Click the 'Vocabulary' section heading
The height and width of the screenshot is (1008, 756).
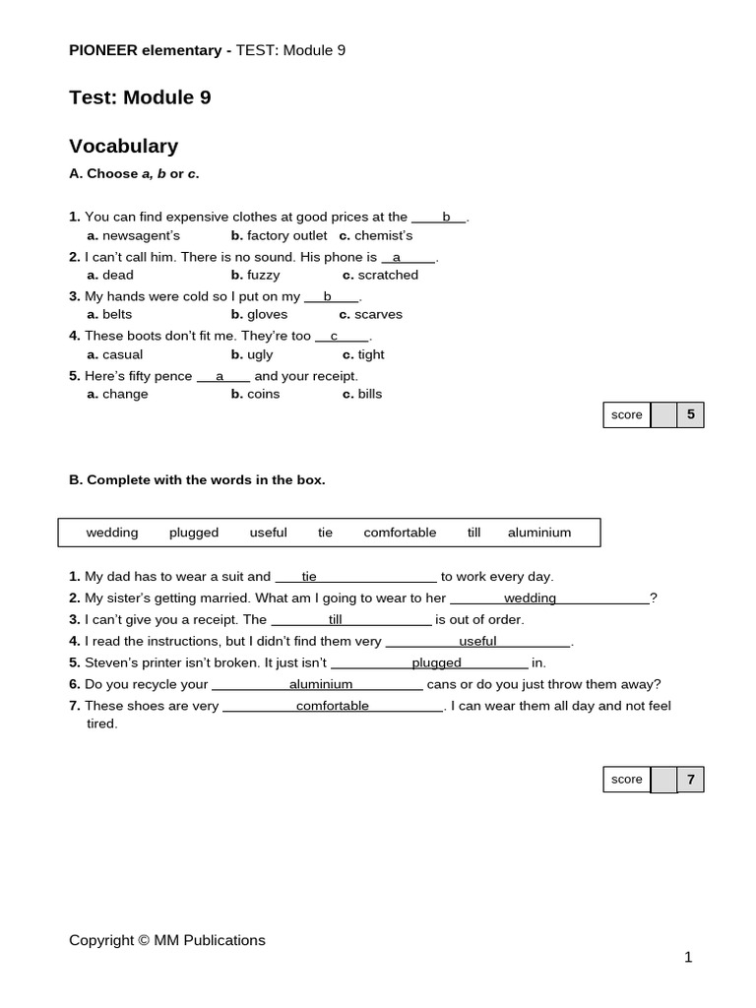[123, 147]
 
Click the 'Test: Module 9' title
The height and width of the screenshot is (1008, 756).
[140, 97]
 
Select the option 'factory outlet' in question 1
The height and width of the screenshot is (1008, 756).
[286, 235]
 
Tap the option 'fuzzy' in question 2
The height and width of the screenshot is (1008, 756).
[263, 275]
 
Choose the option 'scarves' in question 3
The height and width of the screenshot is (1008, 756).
[378, 314]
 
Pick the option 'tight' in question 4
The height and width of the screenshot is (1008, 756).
[371, 354]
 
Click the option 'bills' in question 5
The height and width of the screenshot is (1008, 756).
[369, 394]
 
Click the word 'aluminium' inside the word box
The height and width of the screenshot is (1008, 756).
[539, 533]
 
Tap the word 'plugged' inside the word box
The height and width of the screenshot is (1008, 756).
[194, 533]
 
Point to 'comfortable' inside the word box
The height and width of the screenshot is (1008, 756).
[400, 533]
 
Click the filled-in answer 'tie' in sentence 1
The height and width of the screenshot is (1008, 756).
[309, 576]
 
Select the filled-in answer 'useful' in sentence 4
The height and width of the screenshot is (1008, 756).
[477, 641]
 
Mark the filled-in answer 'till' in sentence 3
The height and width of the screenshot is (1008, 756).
[336, 619]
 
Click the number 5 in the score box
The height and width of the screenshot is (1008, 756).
[691, 414]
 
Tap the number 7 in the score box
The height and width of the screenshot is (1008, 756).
[691, 780]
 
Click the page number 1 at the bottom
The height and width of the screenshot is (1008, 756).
[688, 957]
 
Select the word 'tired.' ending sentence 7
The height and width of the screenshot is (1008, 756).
[102, 724]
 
